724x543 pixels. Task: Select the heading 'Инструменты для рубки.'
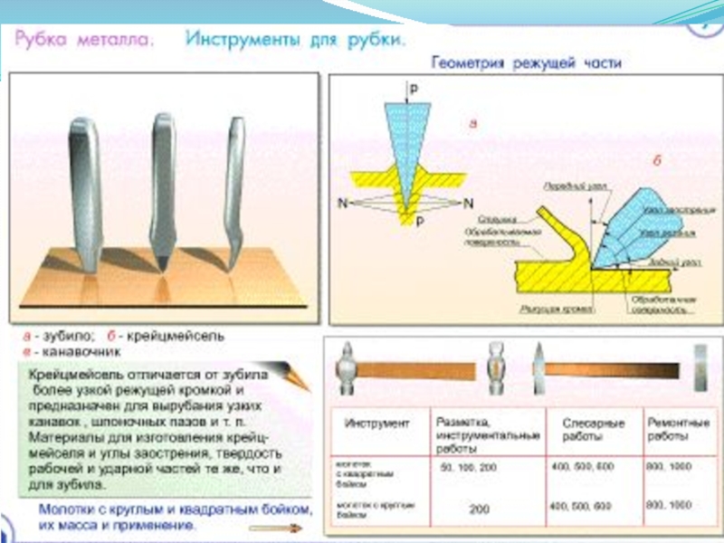pyautogui.click(x=295, y=40)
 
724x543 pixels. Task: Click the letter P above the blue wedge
pyautogui.click(x=414, y=90)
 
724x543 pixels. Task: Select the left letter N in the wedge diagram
pyautogui.click(x=343, y=202)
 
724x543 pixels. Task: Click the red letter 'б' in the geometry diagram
pyautogui.click(x=657, y=159)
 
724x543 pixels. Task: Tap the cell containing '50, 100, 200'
pyautogui.click(x=468, y=466)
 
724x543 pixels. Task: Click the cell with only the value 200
pyautogui.click(x=479, y=509)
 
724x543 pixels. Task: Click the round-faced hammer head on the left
pyautogui.click(x=350, y=370)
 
